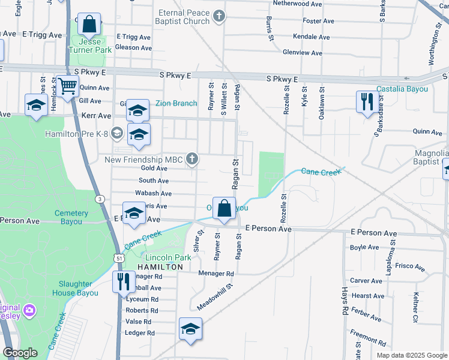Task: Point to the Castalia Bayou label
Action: pos(402,89)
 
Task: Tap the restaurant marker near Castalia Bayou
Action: pos(366,102)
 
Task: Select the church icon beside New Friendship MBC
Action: pos(192,159)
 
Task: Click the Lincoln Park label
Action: pos(168,257)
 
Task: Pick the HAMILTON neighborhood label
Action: pos(160,267)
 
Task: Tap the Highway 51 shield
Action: pos(119,258)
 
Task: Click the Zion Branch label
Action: pos(176,103)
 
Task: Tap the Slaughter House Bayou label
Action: pos(75,289)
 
